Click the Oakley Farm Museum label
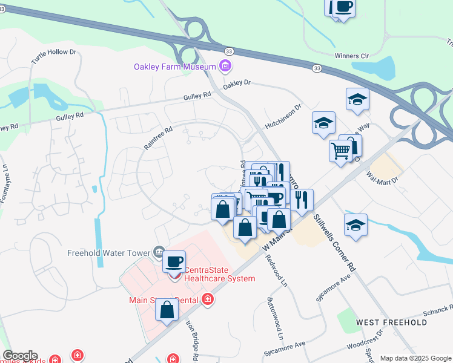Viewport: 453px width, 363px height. [175, 67]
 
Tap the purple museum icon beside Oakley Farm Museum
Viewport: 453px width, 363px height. [225, 65]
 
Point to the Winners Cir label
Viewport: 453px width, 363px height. [351, 56]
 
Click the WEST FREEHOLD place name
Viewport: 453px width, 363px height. [391, 322]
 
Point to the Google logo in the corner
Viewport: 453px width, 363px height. [20, 356]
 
